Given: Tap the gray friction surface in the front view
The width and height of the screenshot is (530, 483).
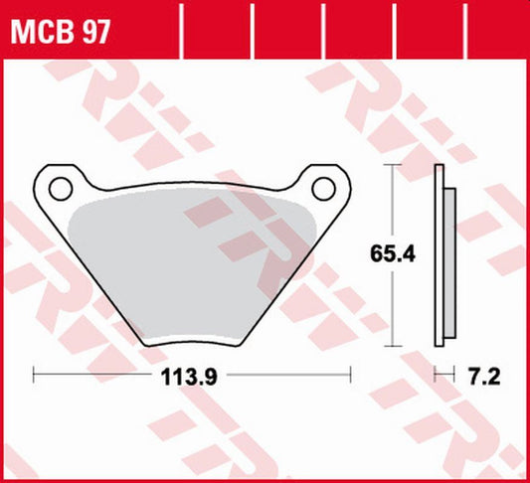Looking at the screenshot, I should (189, 268).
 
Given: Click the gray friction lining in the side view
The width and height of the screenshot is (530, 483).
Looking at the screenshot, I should (449, 263).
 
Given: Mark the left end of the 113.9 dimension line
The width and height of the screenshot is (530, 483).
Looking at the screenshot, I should (35, 376).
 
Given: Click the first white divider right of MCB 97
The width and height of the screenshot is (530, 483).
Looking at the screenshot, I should (185, 28).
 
